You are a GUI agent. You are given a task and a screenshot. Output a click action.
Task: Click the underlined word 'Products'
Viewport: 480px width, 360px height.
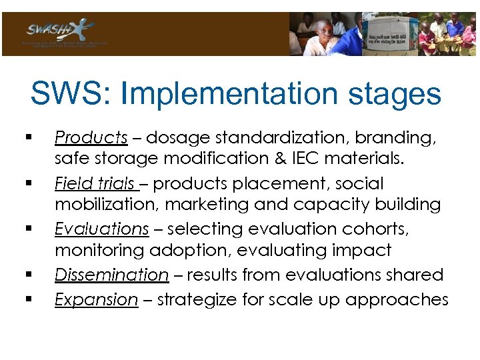pos(91,137)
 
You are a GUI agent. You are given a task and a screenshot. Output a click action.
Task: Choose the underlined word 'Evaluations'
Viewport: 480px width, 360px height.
pos(101,229)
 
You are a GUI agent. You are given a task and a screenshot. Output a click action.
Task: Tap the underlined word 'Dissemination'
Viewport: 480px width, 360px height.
pos(111,275)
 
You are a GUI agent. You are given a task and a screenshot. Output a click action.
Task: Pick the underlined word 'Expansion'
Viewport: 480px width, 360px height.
pos(96,300)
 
